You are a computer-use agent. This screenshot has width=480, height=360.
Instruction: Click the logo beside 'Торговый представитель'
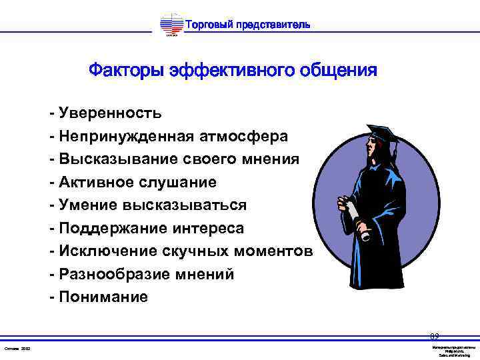[x=171, y=26]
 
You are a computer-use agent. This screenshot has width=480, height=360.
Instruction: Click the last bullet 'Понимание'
[x=103, y=297]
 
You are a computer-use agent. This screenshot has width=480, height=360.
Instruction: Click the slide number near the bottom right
[x=434, y=337]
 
